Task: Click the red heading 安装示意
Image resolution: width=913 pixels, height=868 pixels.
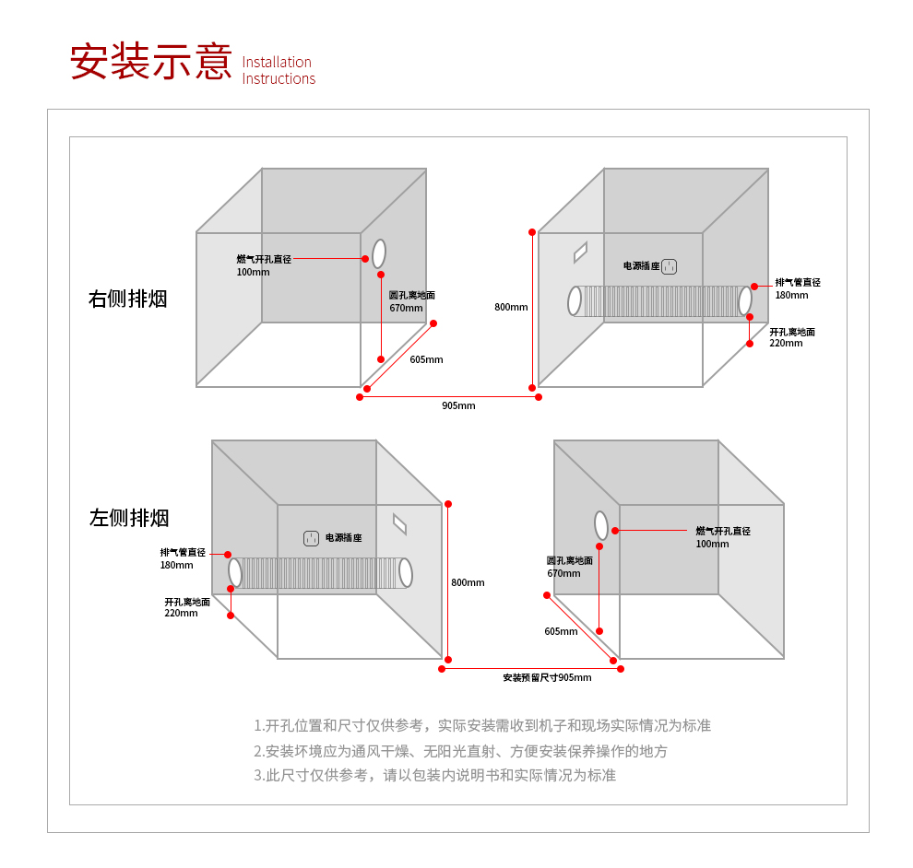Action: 151,62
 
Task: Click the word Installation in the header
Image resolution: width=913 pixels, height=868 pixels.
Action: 277,62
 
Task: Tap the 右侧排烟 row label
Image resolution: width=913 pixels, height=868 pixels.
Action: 128,299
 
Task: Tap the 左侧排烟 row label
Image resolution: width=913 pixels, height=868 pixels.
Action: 129,518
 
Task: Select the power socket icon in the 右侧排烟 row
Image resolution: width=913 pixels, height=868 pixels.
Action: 670,266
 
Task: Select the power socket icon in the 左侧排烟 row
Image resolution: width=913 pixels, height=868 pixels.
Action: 312,537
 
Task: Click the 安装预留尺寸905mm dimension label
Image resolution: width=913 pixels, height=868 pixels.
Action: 547,677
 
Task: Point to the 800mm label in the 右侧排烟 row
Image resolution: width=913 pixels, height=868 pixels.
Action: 511,307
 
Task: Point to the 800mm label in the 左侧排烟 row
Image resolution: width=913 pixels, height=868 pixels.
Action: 468,582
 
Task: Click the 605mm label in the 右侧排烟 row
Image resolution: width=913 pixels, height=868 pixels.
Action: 426,359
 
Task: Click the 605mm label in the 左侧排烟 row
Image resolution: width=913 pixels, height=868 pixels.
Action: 561,631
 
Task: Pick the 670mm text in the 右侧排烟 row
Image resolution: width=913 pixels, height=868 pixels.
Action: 405,308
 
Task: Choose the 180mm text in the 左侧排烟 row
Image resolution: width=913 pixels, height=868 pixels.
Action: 177,565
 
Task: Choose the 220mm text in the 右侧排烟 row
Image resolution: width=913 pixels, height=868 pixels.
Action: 786,343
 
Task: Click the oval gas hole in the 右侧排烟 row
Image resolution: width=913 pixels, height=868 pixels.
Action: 379,253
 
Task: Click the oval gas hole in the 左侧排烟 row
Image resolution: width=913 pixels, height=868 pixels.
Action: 601,525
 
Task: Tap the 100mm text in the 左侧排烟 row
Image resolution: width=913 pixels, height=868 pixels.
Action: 712,544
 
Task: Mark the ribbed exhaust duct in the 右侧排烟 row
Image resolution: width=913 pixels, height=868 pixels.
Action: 659,301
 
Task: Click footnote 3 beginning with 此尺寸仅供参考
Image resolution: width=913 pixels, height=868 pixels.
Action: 434,775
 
